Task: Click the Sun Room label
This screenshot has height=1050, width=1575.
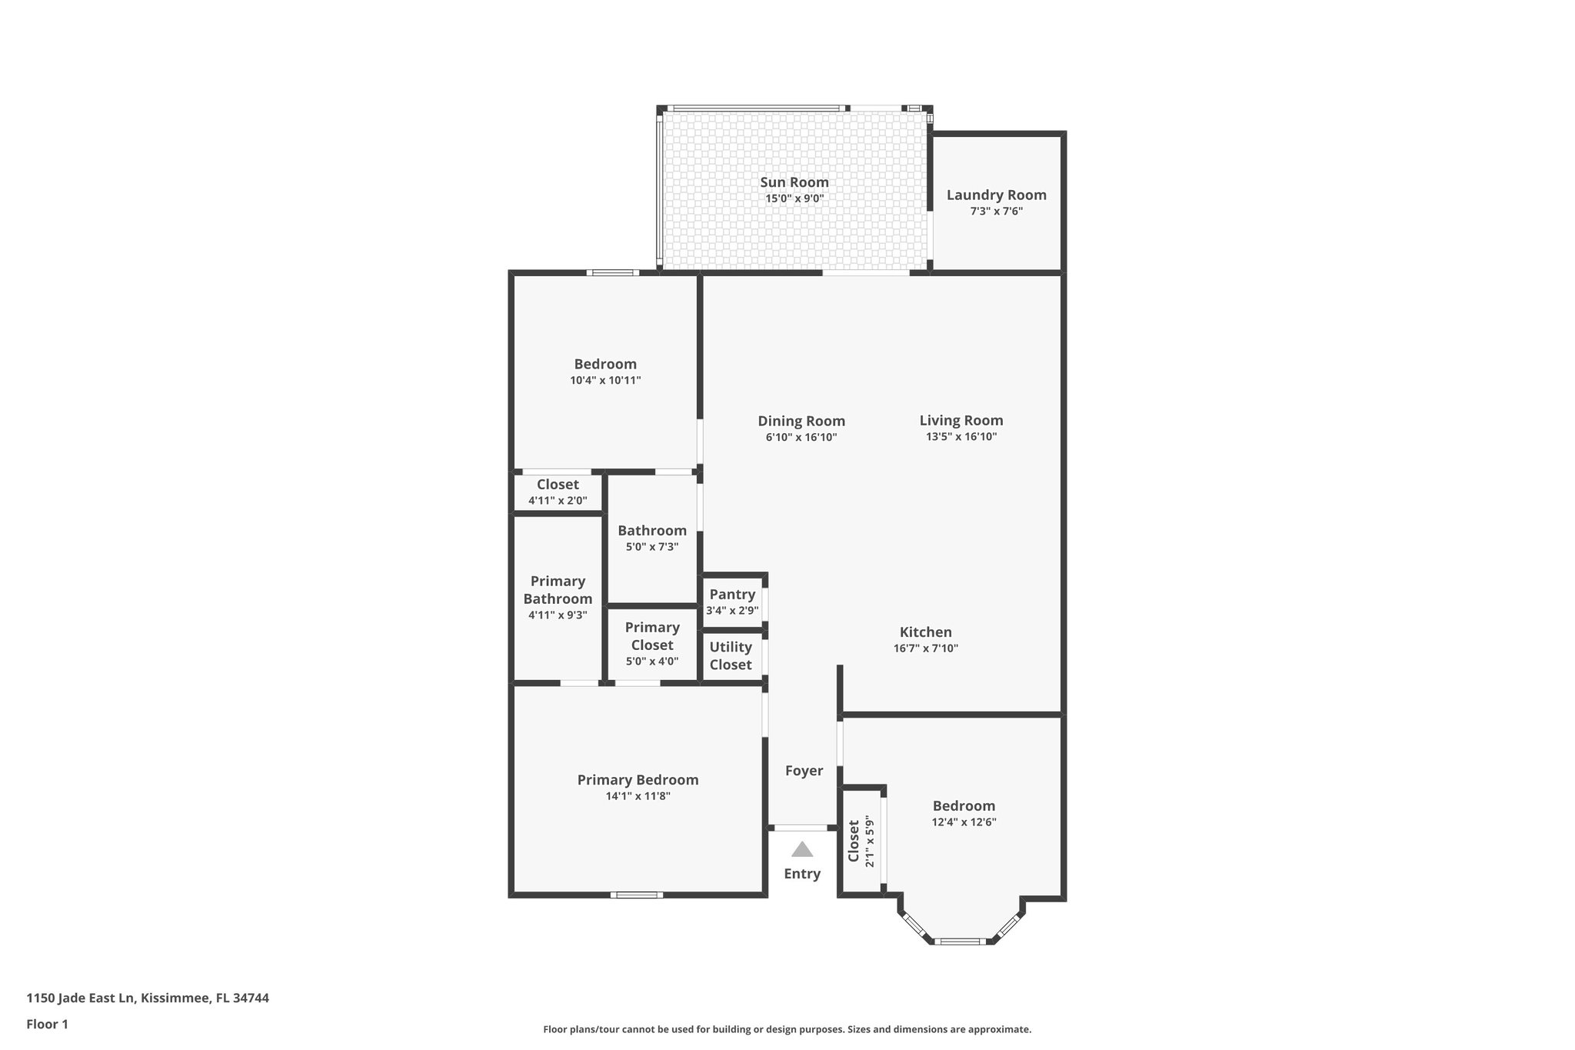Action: (x=794, y=182)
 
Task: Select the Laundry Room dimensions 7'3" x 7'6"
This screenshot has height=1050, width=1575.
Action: (x=996, y=212)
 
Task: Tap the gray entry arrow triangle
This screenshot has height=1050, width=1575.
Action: (x=802, y=849)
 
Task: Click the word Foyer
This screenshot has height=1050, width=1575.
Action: (x=804, y=771)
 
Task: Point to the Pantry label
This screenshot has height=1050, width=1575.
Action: (x=732, y=595)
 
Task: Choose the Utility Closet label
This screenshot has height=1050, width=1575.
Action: (x=731, y=655)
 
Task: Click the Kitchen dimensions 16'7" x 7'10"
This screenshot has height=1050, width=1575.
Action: (x=925, y=648)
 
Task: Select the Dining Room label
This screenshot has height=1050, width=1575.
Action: (x=801, y=421)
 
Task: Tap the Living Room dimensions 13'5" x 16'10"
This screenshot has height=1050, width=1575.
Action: (x=961, y=437)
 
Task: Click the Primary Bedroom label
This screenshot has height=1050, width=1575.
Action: (x=638, y=780)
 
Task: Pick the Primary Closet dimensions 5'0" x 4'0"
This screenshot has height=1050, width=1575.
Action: (x=652, y=662)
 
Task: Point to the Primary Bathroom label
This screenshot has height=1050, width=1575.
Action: (x=558, y=590)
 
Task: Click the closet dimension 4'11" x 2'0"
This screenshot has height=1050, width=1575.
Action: (x=558, y=501)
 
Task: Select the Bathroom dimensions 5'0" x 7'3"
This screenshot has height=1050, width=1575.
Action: (x=652, y=547)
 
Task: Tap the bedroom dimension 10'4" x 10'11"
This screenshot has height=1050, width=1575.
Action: (x=605, y=380)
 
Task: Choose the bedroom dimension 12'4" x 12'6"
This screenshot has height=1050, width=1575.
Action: (x=964, y=822)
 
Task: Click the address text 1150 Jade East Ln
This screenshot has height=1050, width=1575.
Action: (x=81, y=998)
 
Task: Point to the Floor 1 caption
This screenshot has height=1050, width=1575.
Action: (x=48, y=1024)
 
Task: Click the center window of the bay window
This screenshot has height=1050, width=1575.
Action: (x=961, y=941)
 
